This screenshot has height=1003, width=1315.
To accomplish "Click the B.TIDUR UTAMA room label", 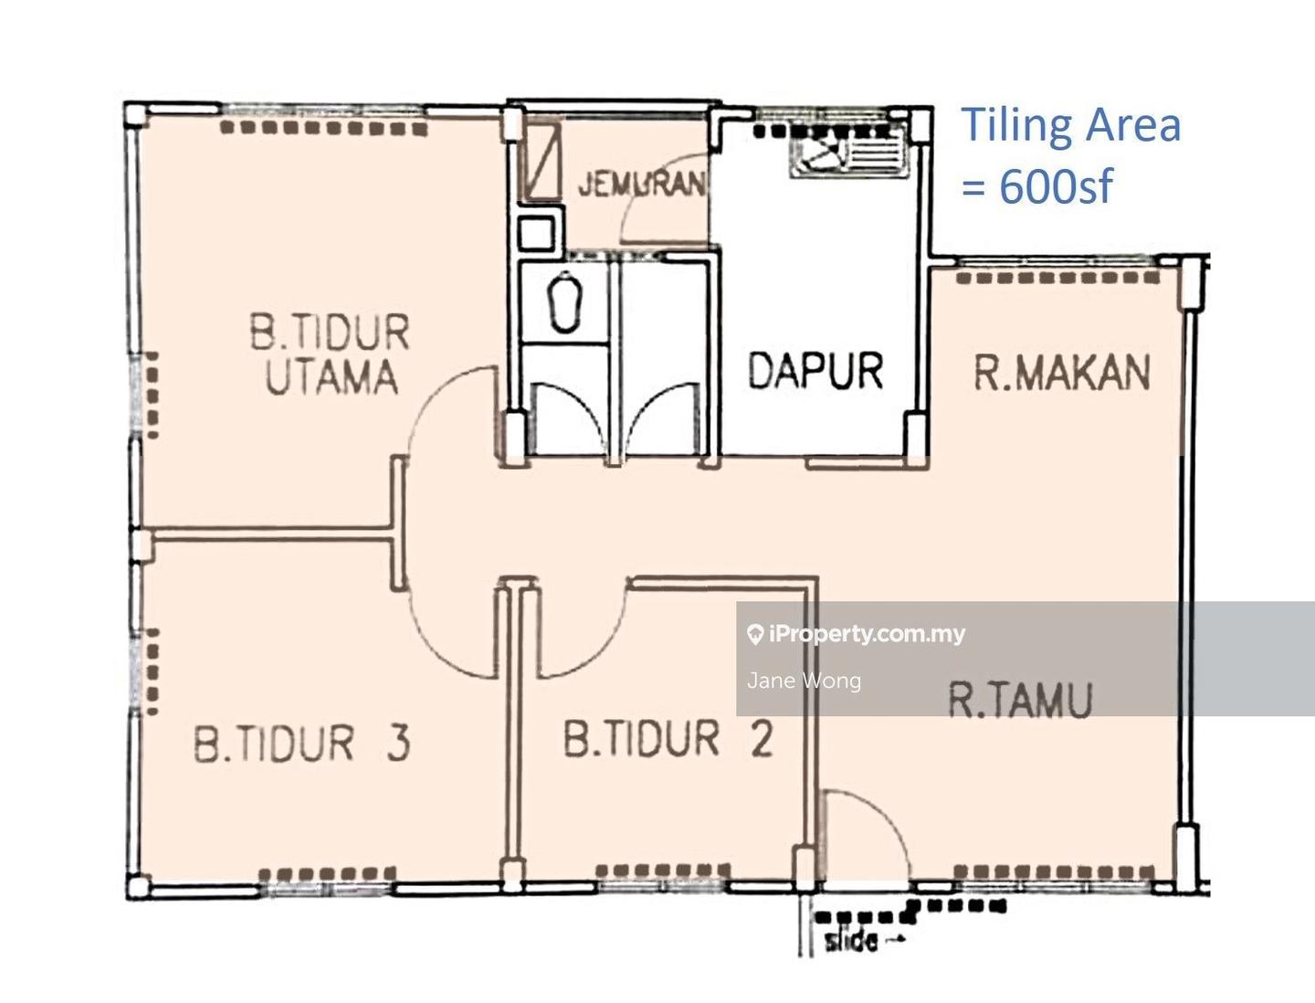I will tap(330, 354).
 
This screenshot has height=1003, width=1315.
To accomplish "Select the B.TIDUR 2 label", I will tap(668, 739).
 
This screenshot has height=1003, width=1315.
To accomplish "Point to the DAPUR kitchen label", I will tap(815, 371).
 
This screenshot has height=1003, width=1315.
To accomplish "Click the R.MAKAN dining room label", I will tap(1061, 373).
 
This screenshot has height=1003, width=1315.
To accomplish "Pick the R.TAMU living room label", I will tap(1020, 701).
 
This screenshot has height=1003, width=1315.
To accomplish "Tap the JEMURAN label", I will tap(641, 184).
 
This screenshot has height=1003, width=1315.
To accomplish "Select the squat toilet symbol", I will tap(565, 301).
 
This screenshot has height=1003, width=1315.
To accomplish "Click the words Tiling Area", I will tap(1070, 125).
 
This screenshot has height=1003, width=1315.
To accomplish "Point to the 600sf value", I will tap(1056, 185).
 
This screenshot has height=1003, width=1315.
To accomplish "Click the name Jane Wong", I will tap(804, 681).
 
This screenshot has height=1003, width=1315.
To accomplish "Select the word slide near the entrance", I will tap(852, 940).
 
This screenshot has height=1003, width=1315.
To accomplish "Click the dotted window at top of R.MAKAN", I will tap(1058, 278).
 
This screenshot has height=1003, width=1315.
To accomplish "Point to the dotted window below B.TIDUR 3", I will tap(326, 874).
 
